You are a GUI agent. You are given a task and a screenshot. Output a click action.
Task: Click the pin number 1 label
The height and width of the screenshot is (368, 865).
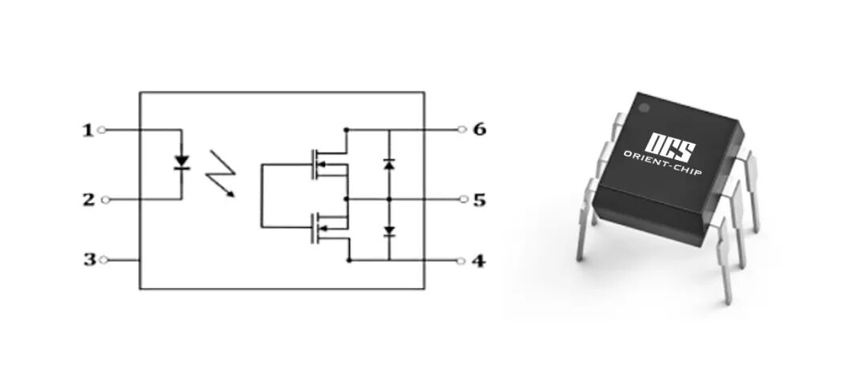(x=88, y=130)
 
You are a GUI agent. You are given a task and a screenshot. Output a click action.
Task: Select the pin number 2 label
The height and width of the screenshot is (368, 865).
(x=88, y=199)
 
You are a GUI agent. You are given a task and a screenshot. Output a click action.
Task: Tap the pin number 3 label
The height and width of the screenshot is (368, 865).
(x=88, y=260)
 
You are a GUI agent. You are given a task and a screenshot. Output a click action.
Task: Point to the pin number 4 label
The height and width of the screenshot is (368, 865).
(x=479, y=261)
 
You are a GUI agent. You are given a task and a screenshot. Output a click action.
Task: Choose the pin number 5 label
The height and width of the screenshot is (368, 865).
(x=479, y=199)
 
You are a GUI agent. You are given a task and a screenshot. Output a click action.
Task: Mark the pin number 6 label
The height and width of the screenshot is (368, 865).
(x=479, y=129)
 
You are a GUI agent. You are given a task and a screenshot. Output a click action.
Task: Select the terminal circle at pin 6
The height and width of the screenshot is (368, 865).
(x=461, y=129)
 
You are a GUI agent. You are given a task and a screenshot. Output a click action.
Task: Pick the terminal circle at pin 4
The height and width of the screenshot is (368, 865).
(x=461, y=261)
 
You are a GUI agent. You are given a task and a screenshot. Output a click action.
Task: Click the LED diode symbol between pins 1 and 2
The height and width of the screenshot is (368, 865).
(x=182, y=162)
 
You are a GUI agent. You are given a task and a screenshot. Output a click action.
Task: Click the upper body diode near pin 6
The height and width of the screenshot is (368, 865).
(x=389, y=163)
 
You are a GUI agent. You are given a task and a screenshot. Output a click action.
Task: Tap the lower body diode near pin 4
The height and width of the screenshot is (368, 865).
(x=389, y=231)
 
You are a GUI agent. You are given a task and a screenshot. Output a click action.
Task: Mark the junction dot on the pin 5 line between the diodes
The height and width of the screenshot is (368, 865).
(x=389, y=199)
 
